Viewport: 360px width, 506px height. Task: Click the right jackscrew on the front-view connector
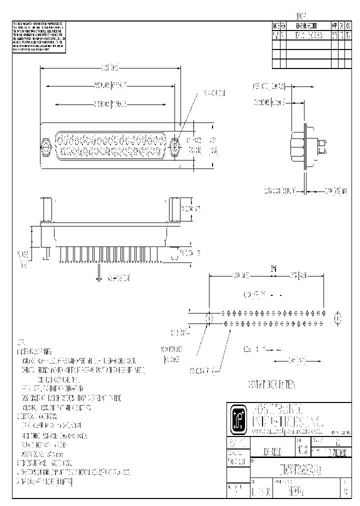coord(175,147)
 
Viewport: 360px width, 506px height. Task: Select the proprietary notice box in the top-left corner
coord(38,37)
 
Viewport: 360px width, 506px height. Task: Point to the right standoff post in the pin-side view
coord(173,210)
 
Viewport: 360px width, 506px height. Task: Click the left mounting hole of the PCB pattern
coord(209,317)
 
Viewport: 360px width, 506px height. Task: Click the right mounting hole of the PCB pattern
coord(337,317)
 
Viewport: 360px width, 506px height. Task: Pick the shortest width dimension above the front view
coord(110,104)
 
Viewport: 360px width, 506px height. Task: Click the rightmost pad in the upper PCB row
coord(323,313)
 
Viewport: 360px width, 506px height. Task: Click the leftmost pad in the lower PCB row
coord(226,323)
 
